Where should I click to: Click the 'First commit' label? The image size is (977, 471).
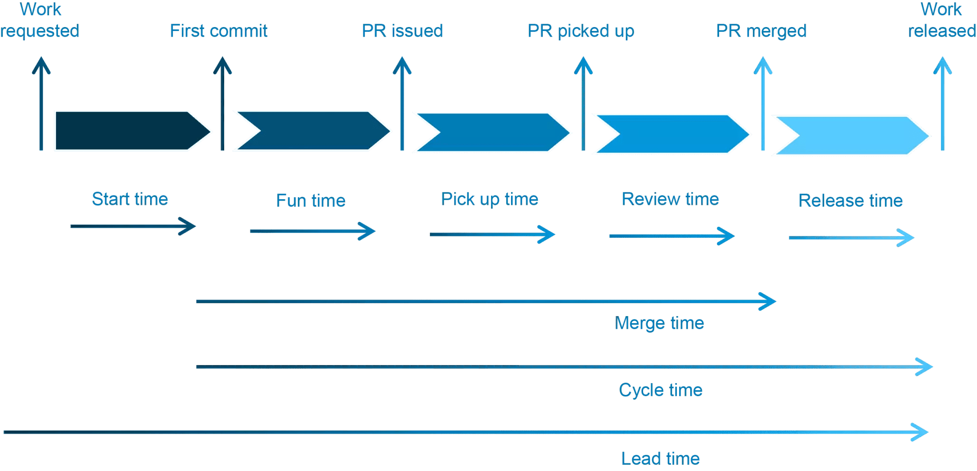pos(218,31)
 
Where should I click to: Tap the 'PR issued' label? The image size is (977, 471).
pos(402,31)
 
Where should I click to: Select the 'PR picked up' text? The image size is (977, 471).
pos(581,31)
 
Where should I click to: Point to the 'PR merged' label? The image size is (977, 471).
pos(761,31)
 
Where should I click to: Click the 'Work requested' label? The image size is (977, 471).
pos(40,20)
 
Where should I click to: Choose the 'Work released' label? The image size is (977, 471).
pos(942,20)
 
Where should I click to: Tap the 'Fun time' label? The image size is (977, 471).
pos(311,201)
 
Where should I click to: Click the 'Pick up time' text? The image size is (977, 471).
pos(489,199)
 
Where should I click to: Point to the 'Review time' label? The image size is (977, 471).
pos(670,199)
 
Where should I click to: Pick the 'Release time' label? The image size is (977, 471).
pos(851,201)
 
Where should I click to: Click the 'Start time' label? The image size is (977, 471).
pos(130,199)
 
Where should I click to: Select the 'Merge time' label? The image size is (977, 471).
pos(659,323)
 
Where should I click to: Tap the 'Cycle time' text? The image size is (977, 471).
pos(660,390)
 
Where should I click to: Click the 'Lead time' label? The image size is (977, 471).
pos(660,458)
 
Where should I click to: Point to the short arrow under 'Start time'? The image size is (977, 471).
pos(133,226)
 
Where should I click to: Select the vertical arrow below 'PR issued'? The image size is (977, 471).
pos(402,105)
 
